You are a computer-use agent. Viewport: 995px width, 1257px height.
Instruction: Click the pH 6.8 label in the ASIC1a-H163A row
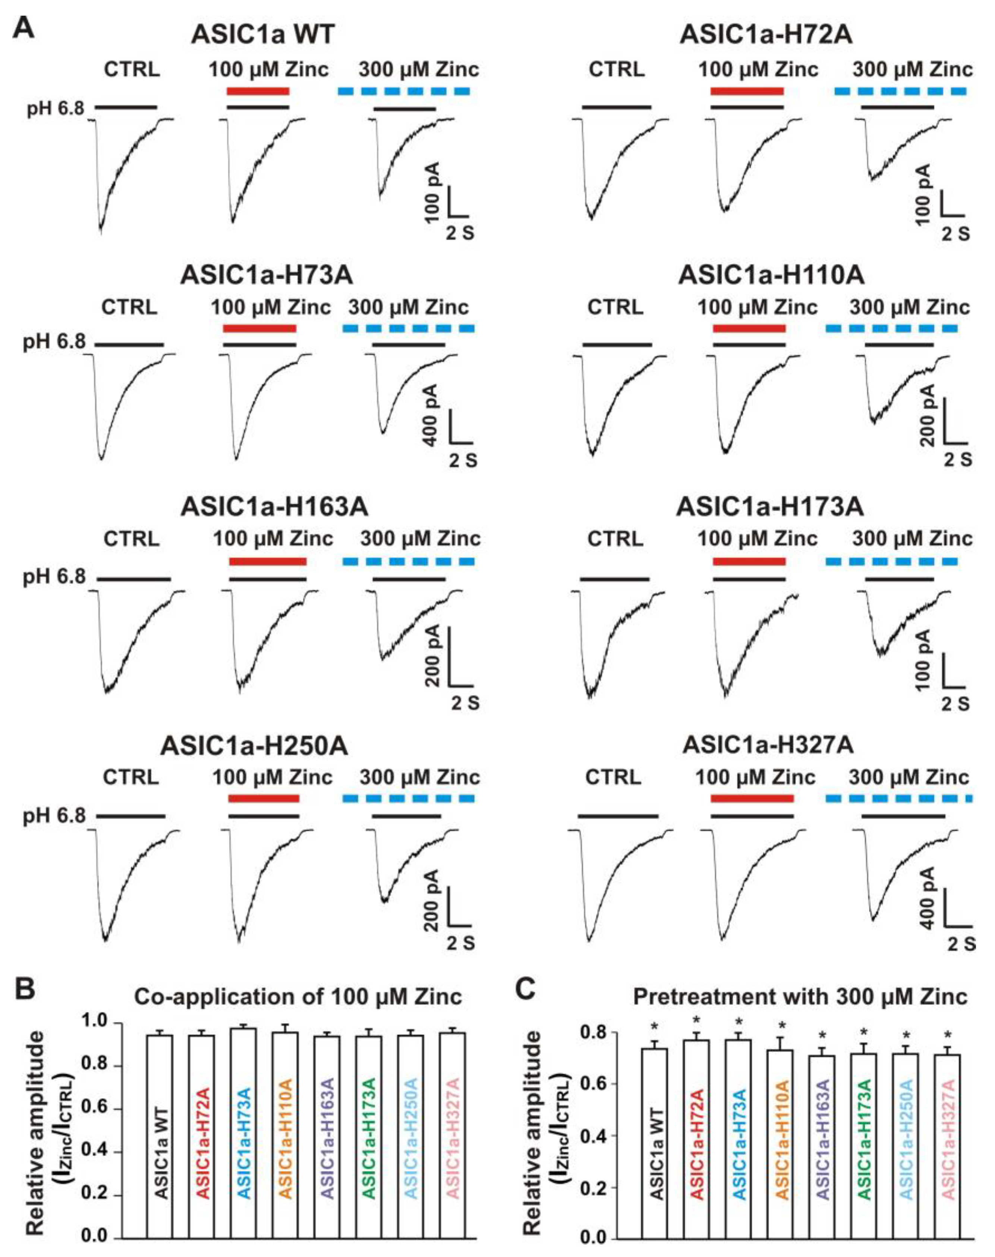[54, 577]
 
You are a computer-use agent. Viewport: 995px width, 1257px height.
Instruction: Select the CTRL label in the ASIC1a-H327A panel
[613, 777]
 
